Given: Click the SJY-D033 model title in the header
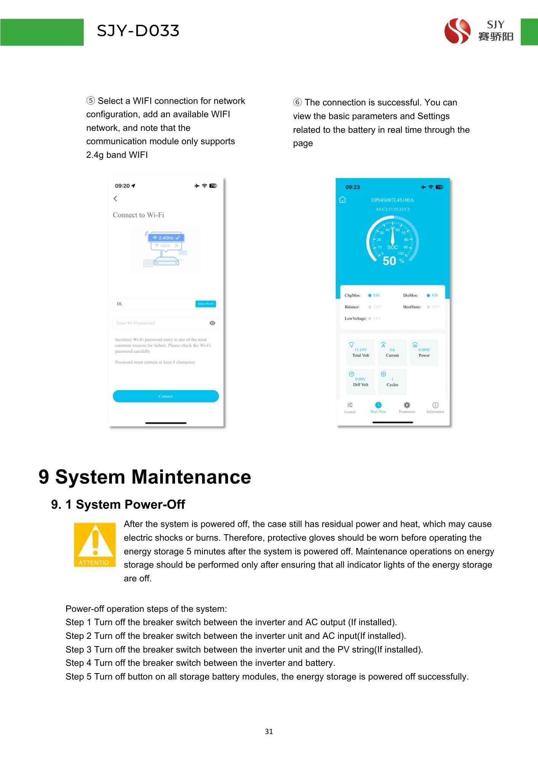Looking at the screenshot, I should tap(138, 31).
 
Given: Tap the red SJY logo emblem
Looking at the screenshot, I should tap(457, 31).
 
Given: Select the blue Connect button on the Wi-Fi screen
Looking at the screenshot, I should tap(166, 396).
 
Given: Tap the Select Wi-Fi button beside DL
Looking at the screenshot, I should tap(205, 304).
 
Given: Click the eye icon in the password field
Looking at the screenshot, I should tap(212, 323).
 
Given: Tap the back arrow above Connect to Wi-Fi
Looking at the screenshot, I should tap(115, 199).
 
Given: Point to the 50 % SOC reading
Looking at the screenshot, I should tap(393, 261).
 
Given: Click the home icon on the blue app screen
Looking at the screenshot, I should tap(342, 200).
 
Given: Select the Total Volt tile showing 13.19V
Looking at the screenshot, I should tap(360, 352).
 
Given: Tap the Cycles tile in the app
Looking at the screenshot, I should tap(392, 382).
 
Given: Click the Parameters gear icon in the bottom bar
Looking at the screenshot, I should tap(407, 405).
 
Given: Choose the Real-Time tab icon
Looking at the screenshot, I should tap(378, 405).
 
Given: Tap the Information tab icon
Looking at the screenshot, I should tap(435, 405).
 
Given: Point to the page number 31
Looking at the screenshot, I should tap(269, 731).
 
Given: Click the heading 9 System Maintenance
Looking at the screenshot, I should tap(145, 477).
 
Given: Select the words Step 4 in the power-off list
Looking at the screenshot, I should tap(78, 663).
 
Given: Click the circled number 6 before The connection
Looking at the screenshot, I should tap(297, 102).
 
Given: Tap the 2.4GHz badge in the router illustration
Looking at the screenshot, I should tap(167, 238).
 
